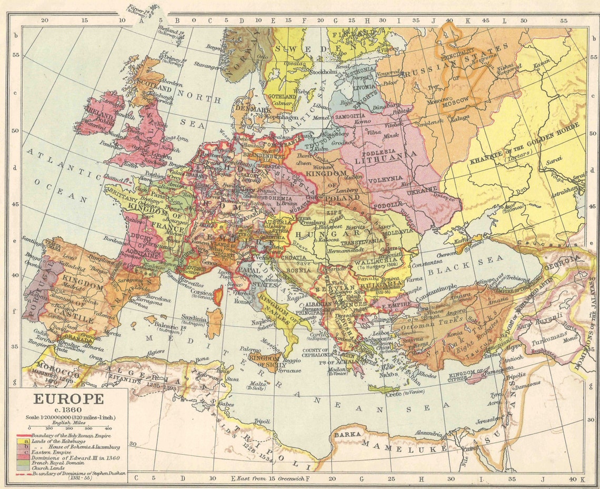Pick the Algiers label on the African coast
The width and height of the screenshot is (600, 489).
[x=155, y=352]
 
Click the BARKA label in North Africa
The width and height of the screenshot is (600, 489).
[x=346, y=434]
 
